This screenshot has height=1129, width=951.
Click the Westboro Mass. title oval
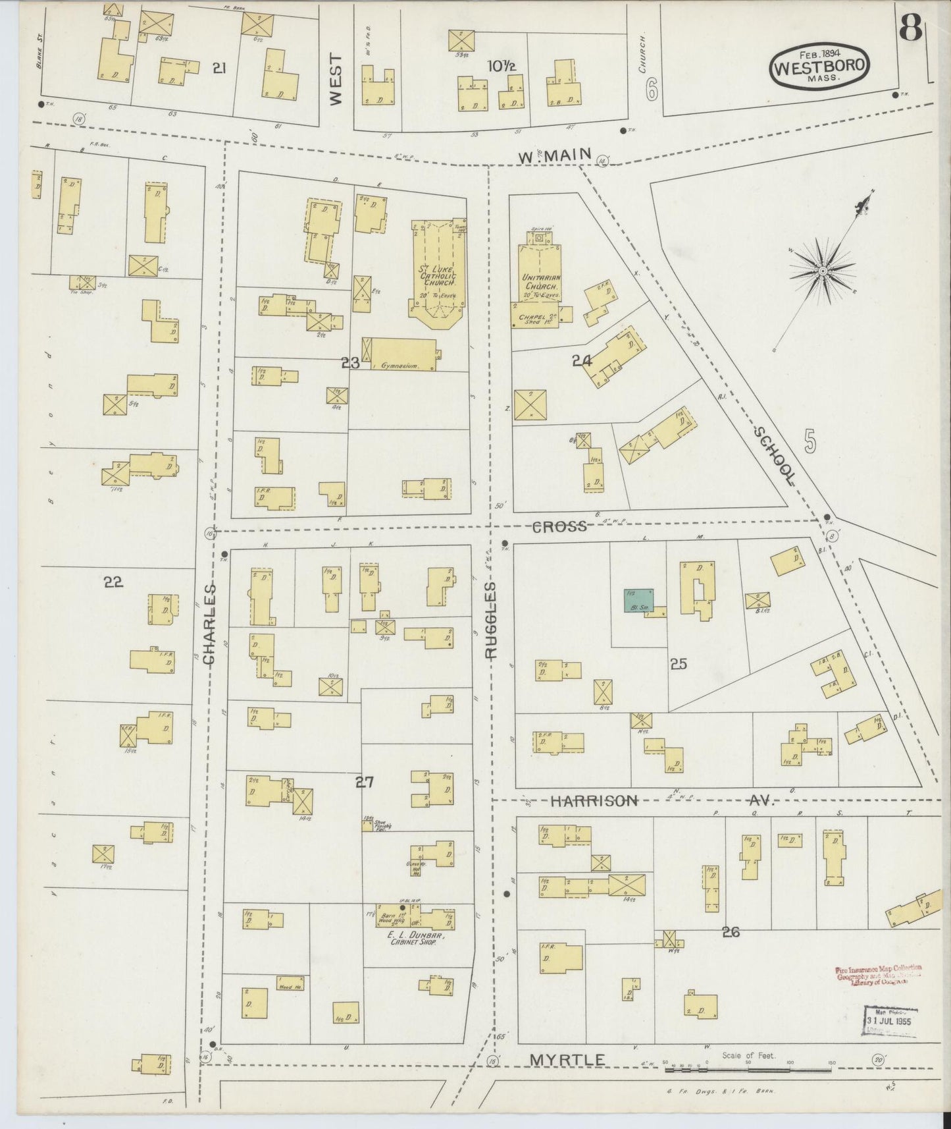[x=819, y=65]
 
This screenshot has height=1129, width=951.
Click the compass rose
[x=822, y=270]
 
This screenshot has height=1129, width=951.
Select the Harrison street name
[x=594, y=800]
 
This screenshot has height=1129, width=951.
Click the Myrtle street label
[x=567, y=1060]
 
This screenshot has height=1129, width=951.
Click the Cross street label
[x=559, y=526]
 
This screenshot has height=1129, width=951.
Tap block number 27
[x=365, y=782]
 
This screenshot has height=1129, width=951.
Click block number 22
[x=114, y=582]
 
